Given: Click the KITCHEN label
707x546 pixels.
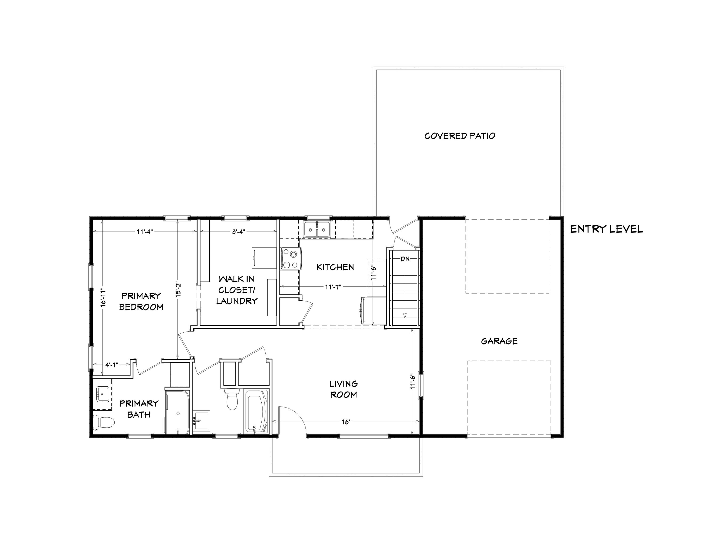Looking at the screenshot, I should pyautogui.click(x=335, y=267).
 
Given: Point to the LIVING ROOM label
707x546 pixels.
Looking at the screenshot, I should pyautogui.click(x=343, y=389).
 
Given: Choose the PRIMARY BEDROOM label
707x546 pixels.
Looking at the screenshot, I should pyautogui.click(x=141, y=302).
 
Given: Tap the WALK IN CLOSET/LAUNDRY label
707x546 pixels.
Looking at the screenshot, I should pyautogui.click(x=237, y=290).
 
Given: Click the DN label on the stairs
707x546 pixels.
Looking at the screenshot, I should pyautogui.click(x=405, y=259).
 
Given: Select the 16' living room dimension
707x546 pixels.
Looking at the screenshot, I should pyautogui.click(x=346, y=422).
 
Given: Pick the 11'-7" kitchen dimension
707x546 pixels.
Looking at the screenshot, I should pyautogui.click(x=333, y=287).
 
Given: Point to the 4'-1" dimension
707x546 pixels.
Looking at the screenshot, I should pyautogui.click(x=112, y=365).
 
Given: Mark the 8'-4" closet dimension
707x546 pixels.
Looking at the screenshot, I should pyautogui.click(x=238, y=232).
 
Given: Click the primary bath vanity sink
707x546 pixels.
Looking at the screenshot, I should pyautogui.click(x=103, y=394).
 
